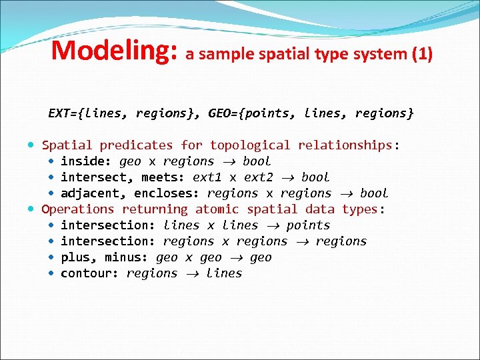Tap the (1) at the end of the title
tap(421, 53)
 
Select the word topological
tap(250, 145)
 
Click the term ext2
tap(259, 177)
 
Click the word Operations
tap(78, 209)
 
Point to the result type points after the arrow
tap(308, 225)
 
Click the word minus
tap(126, 257)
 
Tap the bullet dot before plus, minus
tap(52, 257)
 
